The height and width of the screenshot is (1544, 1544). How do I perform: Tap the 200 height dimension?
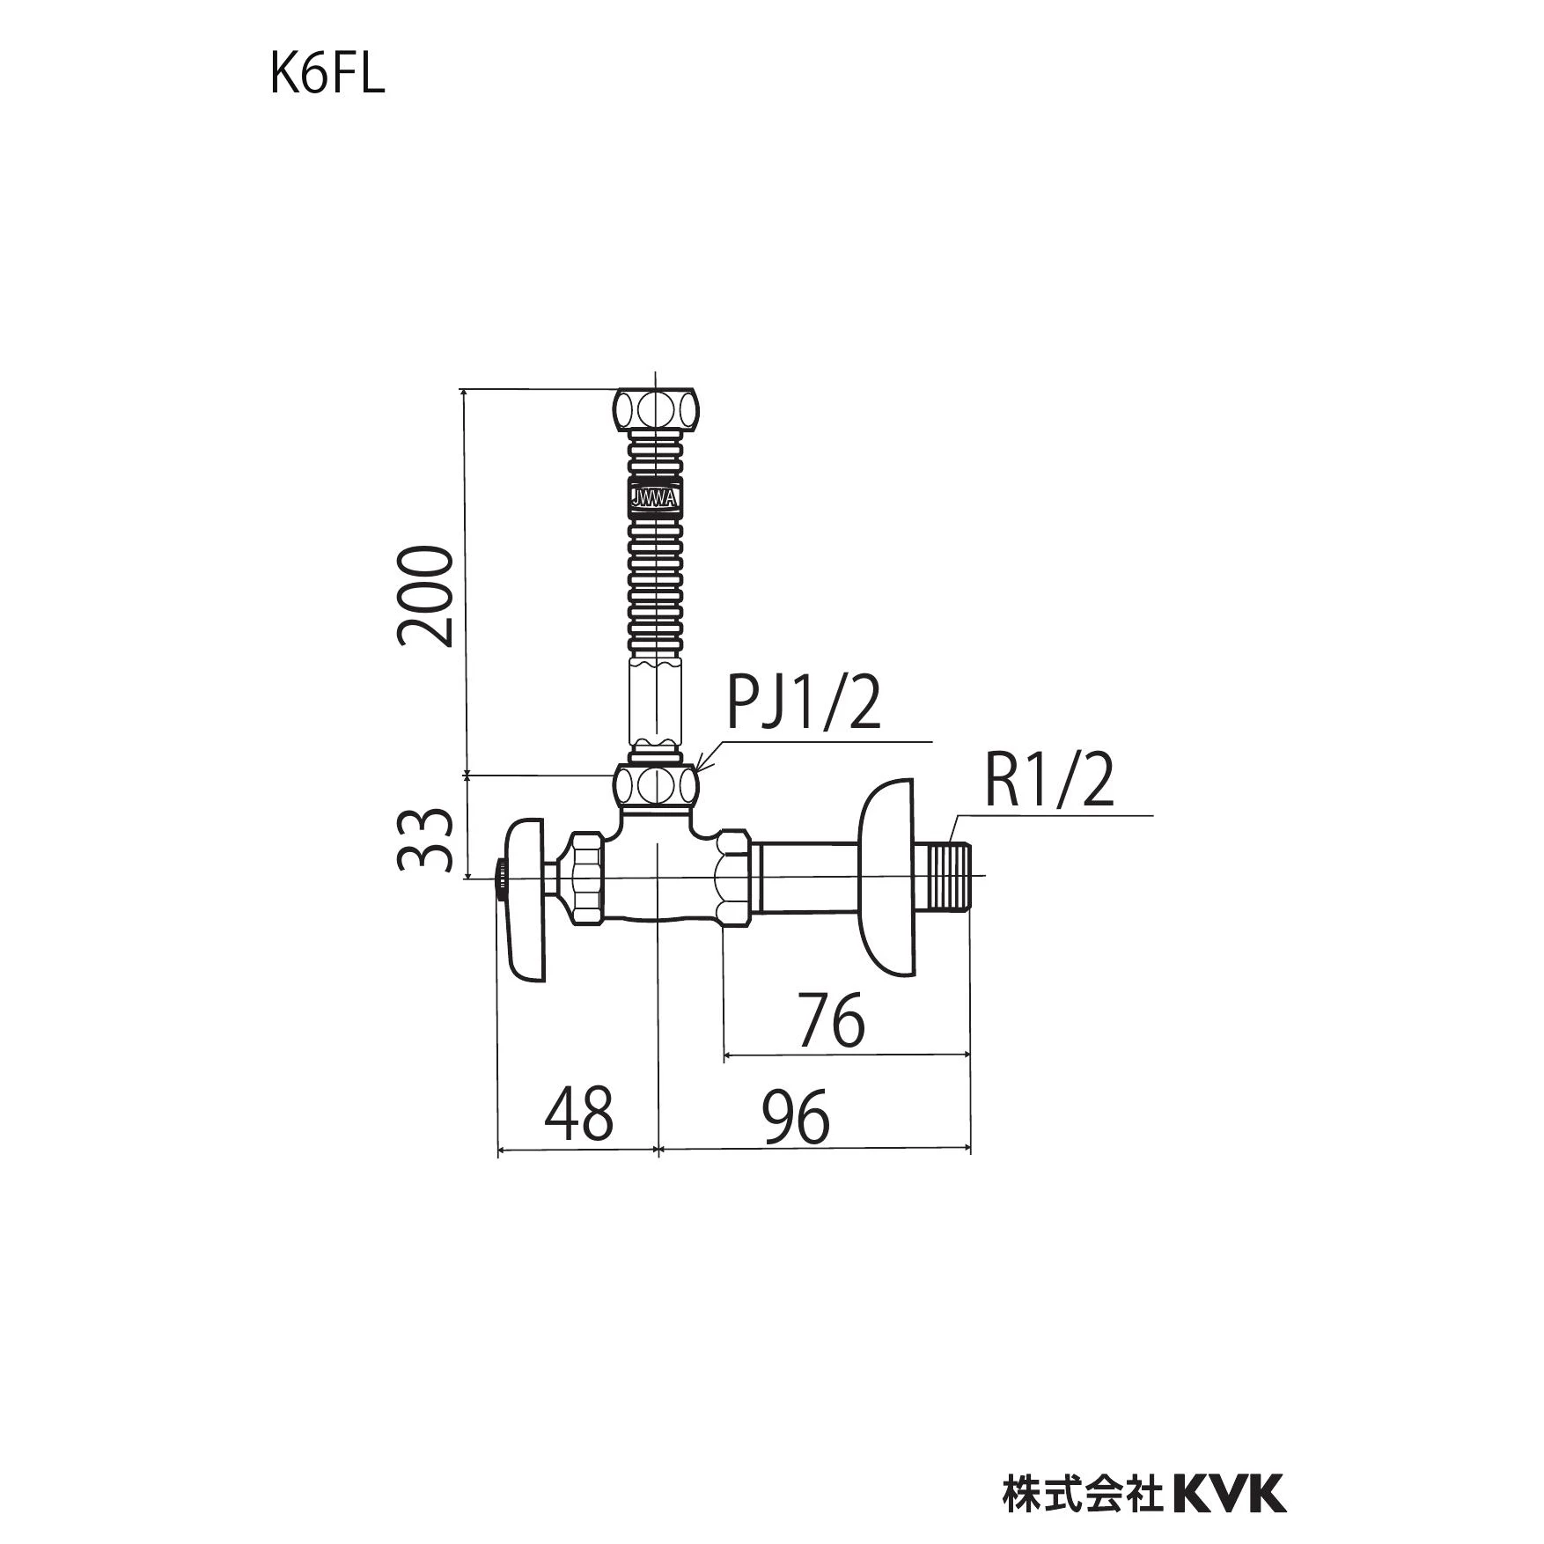(425, 597)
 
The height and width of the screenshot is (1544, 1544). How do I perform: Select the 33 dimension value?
(425, 840)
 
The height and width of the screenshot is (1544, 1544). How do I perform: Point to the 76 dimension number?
(832, 1021)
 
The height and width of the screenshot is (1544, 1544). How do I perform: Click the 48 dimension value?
(578, 1114)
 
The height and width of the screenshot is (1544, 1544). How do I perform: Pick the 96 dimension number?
(796, 1116)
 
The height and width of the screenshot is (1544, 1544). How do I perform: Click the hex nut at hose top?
(657, 409)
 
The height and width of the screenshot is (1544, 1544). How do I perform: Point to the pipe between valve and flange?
(804, 877)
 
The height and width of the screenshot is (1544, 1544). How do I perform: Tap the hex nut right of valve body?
(733, 877)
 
